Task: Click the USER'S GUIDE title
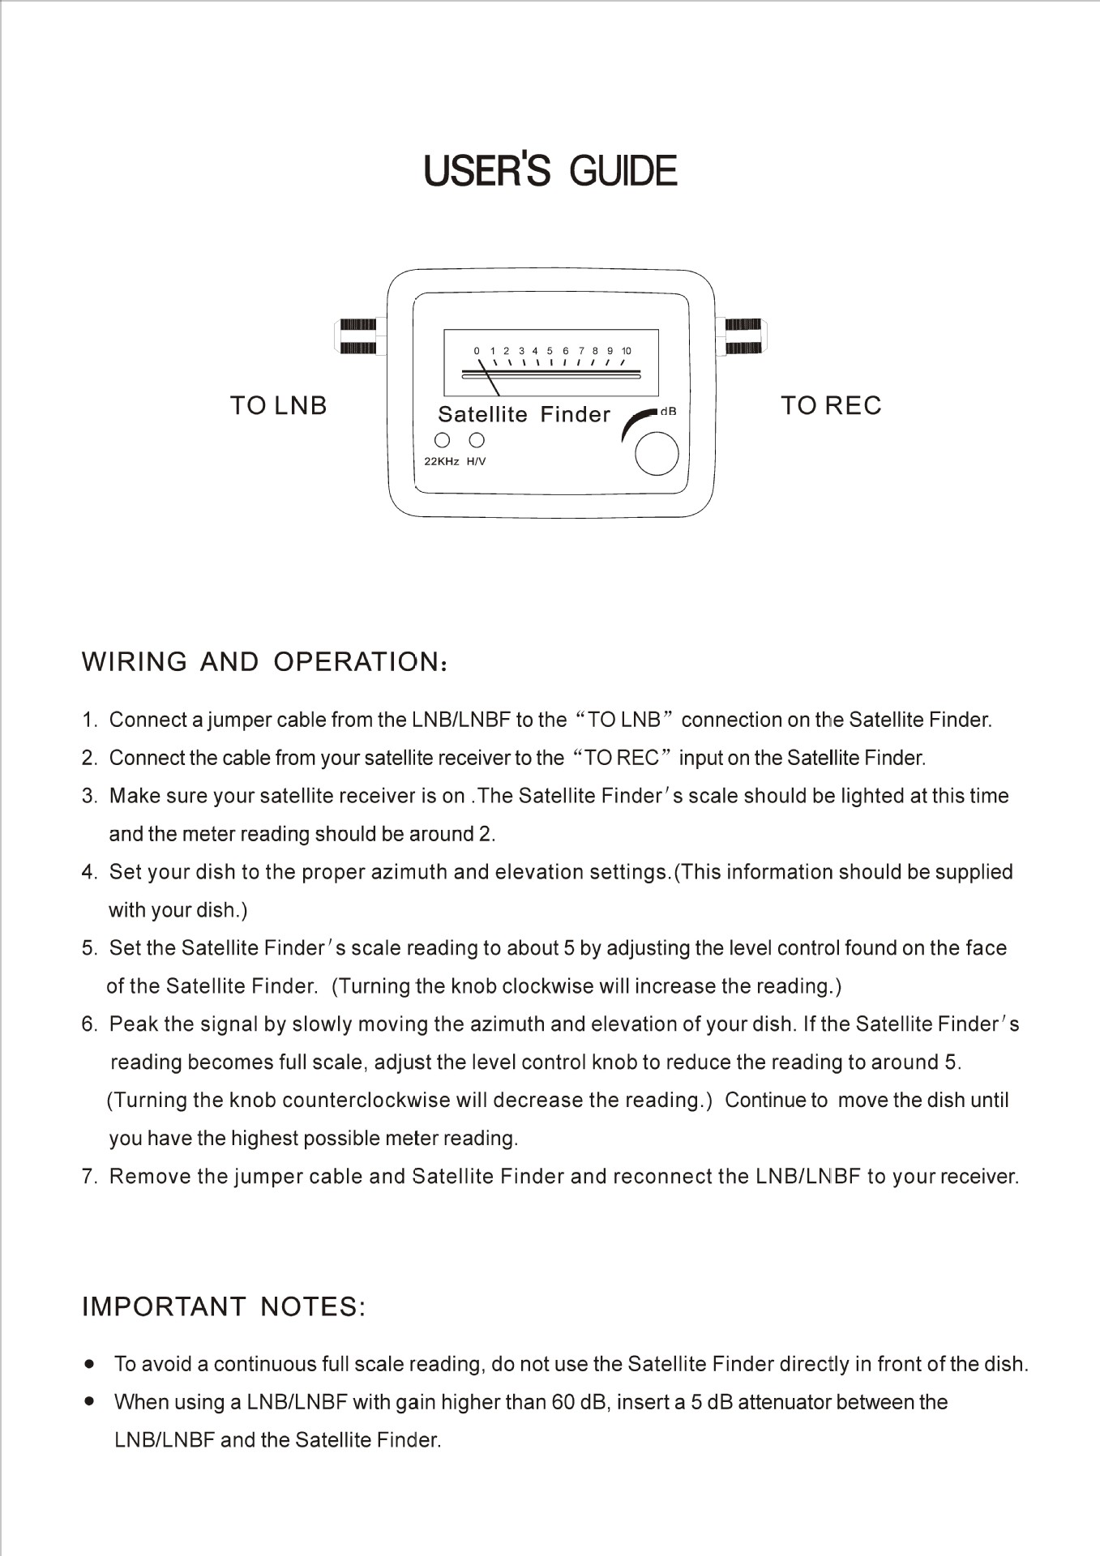550,171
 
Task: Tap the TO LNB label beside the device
278,405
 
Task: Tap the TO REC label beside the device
831,405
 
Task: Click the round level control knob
657,454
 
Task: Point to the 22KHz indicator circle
443,440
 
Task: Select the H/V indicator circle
477,440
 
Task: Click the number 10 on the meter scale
626,351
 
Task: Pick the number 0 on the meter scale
477,351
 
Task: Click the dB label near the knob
668,412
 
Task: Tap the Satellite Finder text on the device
524,414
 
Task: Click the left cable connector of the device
357,336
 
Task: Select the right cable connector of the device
743,336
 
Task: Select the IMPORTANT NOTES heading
224,1306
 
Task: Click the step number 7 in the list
88,1177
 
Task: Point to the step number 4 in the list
88,873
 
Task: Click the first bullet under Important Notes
90,1364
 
